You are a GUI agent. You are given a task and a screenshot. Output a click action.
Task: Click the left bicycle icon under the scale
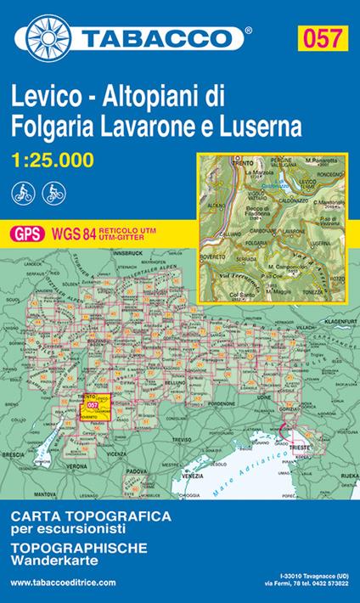pyautogui.click(x=23, y=192)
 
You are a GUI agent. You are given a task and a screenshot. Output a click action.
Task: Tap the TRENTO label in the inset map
pyautogui.click(x=220, y=163)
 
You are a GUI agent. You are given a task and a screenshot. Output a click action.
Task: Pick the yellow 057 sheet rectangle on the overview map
pyautogui.click(x=93, y=407)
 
